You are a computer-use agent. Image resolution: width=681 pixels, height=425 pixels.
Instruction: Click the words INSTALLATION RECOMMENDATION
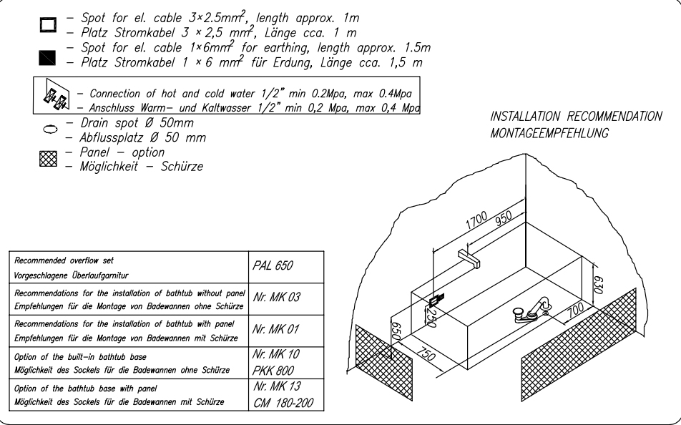[576, 117]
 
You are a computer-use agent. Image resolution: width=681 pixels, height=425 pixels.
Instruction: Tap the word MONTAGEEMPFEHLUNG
[551, 132]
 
